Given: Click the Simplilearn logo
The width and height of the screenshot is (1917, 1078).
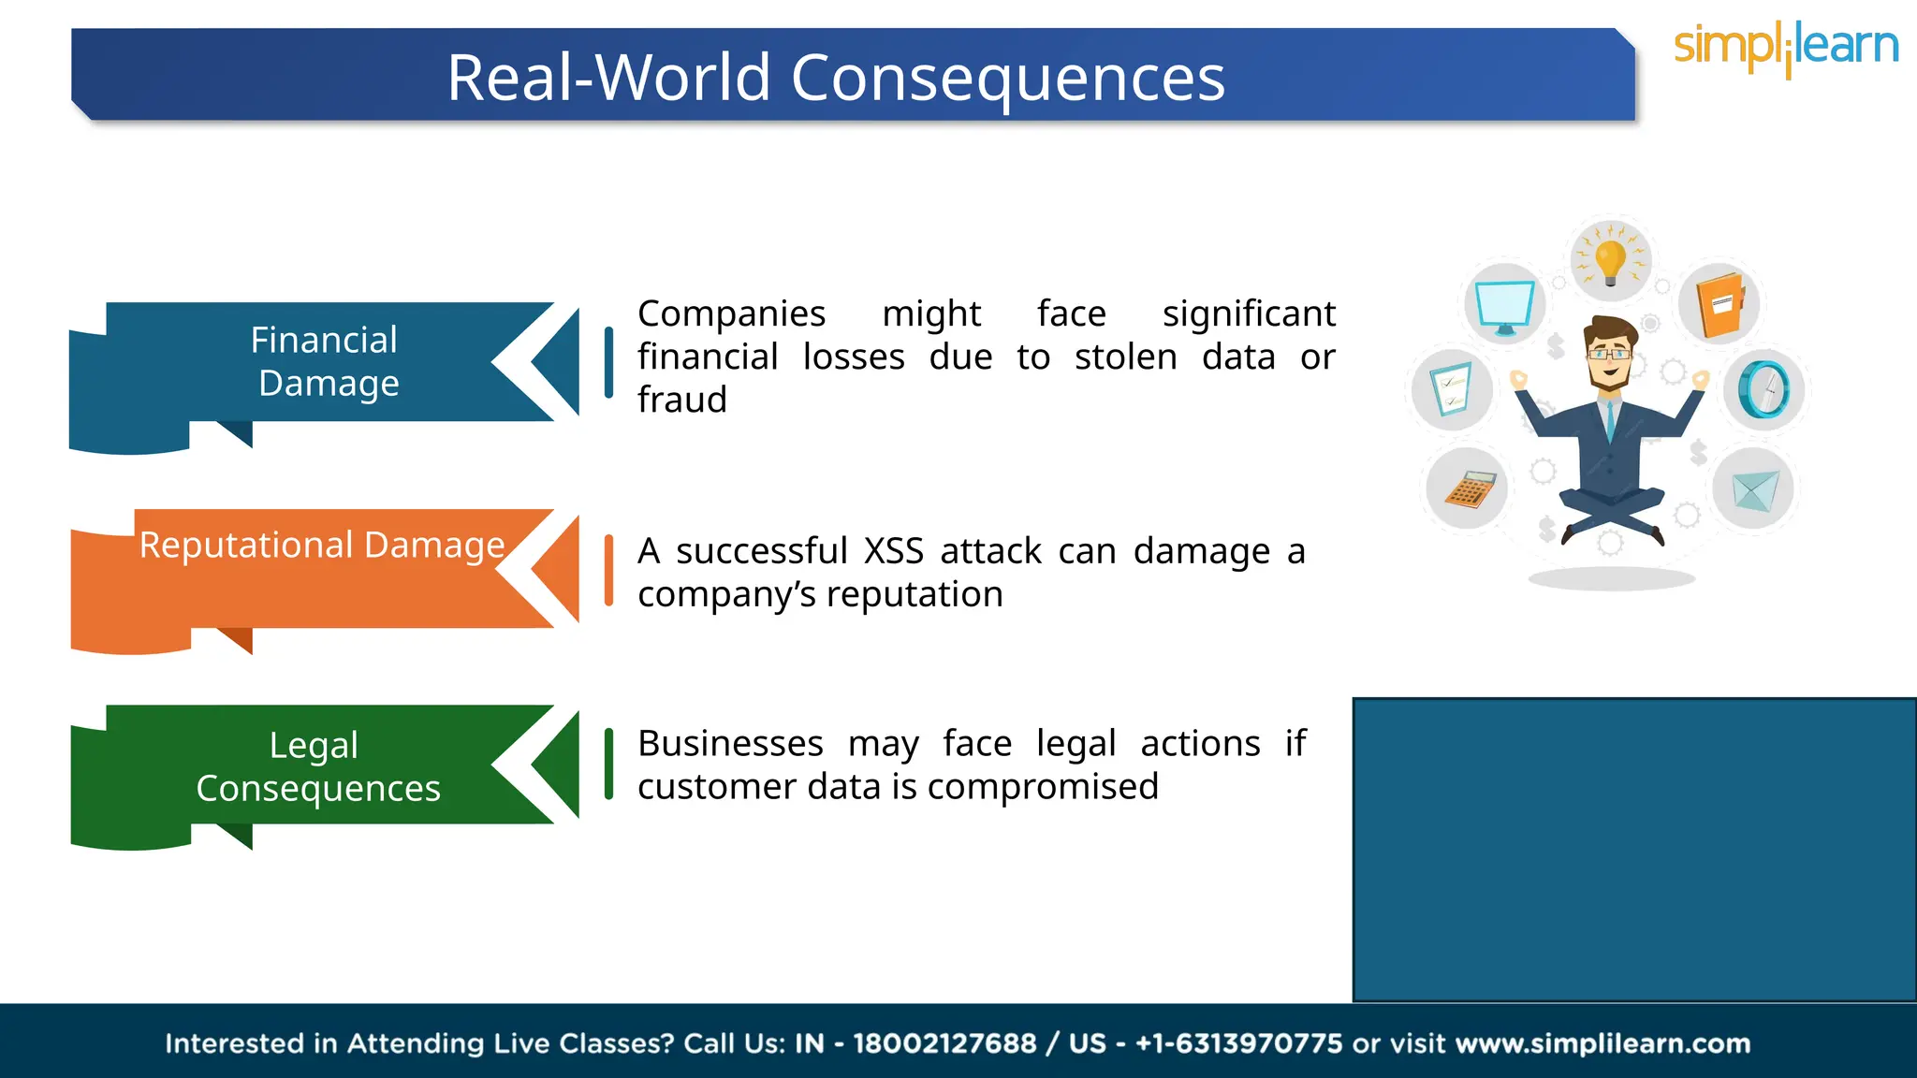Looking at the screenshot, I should [1785, 47].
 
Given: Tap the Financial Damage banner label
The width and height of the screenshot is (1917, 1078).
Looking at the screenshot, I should [325, 361].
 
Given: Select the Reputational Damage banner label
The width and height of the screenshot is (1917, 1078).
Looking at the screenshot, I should [322, 545].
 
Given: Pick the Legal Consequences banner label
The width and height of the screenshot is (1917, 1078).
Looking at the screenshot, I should [317, 766].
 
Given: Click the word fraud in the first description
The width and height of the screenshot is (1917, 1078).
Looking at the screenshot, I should [681, 400].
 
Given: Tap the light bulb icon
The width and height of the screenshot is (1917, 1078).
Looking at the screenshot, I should [1611, 260].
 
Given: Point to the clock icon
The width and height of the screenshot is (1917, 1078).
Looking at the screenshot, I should [1763, 389].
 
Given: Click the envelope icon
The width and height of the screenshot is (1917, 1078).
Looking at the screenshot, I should [1753, 489].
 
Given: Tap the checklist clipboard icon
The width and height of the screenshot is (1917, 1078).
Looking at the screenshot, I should [1452, 389].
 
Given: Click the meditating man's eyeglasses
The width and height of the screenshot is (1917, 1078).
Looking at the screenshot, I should [1609, 354].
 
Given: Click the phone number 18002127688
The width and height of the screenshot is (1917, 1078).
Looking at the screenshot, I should [944, 1043].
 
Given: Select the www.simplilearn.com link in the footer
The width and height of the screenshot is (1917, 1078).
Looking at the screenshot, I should [1602, 1043].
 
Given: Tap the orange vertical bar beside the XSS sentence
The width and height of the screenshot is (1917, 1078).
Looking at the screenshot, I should [608, 570].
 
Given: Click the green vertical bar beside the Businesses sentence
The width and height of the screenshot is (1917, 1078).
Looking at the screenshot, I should [608, 764].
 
